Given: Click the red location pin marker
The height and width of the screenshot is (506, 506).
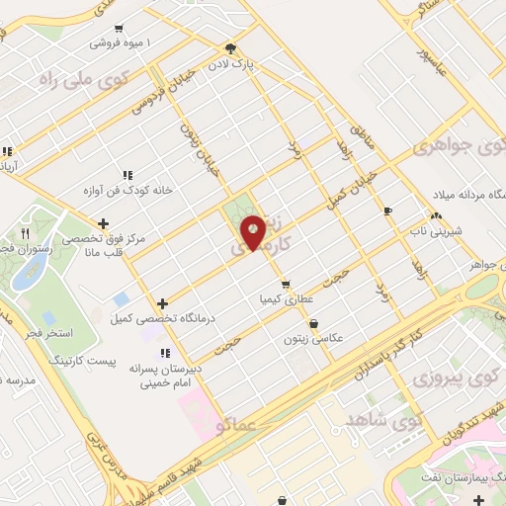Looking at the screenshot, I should click(x=254, y=231).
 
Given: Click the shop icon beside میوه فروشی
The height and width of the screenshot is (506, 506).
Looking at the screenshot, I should click(x=120, y=29).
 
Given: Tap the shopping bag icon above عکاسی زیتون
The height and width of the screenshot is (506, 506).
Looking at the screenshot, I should click(x=314, y=322).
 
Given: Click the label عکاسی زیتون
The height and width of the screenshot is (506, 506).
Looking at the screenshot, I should click(x=314, y=337).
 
